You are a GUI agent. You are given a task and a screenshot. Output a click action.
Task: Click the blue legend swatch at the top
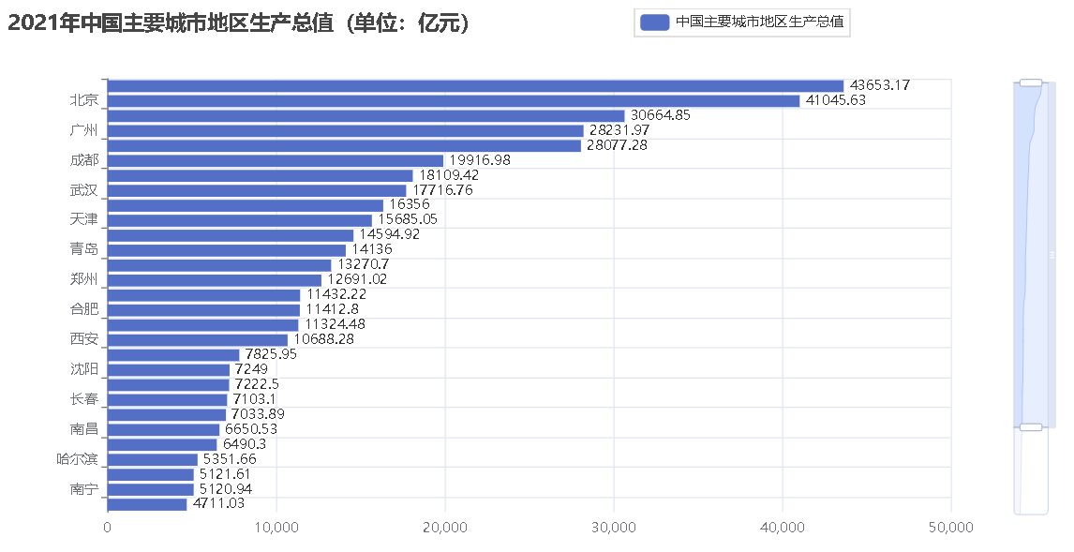coord(653,22)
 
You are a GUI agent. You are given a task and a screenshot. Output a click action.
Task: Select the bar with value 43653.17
coord(475,85)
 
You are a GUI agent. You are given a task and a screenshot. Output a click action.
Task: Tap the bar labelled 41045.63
coord(454,100)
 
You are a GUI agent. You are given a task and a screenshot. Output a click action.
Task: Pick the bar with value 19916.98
coord(276,160)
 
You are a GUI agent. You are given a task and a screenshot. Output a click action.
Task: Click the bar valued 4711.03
coord(147,504)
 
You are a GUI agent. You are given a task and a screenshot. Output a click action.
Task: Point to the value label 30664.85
coord(660,115)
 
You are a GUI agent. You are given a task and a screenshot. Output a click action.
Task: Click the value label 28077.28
coord(617,145)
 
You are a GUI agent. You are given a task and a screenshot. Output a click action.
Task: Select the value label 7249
coord(251,369)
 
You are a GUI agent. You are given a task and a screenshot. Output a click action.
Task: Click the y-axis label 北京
coord(83,100)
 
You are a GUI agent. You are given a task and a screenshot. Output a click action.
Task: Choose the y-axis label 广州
coord(83,130)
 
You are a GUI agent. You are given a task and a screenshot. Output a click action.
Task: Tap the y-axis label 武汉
coord(83,190)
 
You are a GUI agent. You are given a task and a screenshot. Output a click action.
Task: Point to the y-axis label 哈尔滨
coord(77,459)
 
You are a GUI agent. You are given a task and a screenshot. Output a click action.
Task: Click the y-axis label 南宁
coord(83,489)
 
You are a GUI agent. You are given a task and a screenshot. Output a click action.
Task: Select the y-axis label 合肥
coord(83,309)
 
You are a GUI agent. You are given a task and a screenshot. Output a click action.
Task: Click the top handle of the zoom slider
coord(1030,83)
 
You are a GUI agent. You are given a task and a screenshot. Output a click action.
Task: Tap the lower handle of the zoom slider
coord(1030,427)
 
